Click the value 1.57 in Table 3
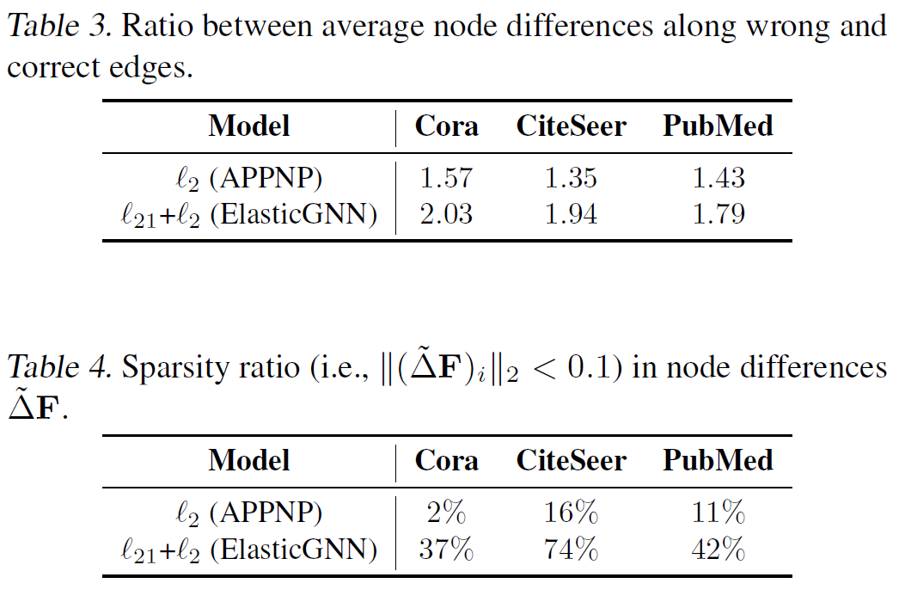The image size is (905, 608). click(446, 178)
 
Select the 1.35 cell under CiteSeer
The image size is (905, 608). click(572, 178)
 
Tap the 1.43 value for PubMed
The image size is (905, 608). click(718, 178)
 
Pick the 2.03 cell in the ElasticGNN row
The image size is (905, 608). click(446, 213)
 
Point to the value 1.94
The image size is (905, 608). click(572, 213)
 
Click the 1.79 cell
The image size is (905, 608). click(718, 213)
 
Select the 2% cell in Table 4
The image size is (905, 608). click(446, 513)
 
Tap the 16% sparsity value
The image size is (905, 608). click(572, 513)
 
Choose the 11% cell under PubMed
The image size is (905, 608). click(718, 513)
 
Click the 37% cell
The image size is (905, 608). click(446, 549)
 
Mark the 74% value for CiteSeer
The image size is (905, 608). click(572, 549)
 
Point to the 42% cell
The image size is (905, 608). click(718, 549)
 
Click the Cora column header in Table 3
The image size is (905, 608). click(446, 126)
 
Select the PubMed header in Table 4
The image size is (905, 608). click(718, 460)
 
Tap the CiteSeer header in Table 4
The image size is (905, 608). click(572, 460)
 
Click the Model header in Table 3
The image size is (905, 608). click(249, 126)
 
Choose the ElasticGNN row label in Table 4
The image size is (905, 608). click(249, 549)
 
